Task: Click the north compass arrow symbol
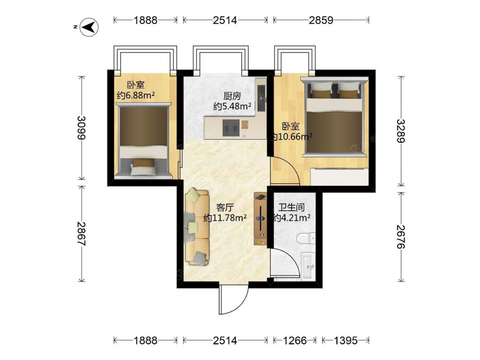point(89,27)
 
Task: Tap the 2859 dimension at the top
point(321,20)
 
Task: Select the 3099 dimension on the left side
point(82,128)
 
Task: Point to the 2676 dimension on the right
point(401,237)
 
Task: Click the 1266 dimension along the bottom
point(295,340)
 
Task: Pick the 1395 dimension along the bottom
point(345,340)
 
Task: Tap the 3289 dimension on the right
point(401,131)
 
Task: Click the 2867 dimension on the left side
point(82,234)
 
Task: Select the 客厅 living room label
point(225,208)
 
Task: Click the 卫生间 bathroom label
point(291,207)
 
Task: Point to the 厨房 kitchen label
point(232,96)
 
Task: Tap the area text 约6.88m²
point(136,95)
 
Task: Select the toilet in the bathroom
point(306,238)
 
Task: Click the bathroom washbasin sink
point(308,266)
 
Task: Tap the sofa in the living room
point(197,227)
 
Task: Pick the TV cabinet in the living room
point(260,219)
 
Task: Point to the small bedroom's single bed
point(144,140)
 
